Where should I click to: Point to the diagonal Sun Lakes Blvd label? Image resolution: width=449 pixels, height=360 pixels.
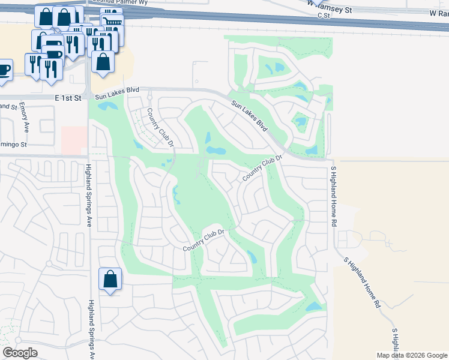[249, 116]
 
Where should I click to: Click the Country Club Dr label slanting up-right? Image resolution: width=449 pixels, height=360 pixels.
[262, 169]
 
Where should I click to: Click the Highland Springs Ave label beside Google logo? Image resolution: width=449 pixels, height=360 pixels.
[92, 330]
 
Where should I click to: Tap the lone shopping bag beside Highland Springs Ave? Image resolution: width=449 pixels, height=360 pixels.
[110, 279]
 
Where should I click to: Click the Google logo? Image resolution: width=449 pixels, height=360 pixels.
[20, 353]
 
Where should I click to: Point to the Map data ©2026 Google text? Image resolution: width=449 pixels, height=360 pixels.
[411, 355]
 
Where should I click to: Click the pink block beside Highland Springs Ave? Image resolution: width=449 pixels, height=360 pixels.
[74, 140]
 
